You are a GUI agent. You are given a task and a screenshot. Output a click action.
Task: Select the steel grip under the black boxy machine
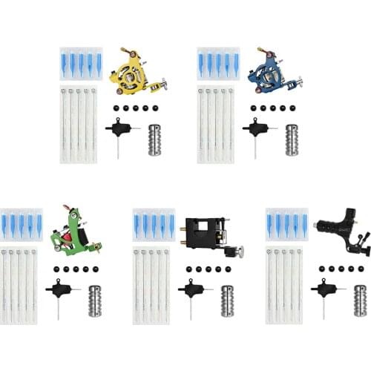pos(227,300)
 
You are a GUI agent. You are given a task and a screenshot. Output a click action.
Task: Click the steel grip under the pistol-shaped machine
pos(360,301)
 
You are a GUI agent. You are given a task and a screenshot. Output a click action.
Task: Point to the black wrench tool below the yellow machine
pos(119,132)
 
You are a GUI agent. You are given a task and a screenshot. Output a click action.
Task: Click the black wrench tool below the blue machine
pos(256,132)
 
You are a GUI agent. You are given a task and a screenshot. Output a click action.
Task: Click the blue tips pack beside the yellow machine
pos(81,65)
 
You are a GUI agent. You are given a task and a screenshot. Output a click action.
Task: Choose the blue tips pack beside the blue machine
pos(218,65)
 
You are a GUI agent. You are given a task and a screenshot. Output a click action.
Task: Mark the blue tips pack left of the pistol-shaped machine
pos(287,225)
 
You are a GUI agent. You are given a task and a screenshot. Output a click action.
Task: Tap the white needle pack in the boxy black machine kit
pos(152,285)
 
